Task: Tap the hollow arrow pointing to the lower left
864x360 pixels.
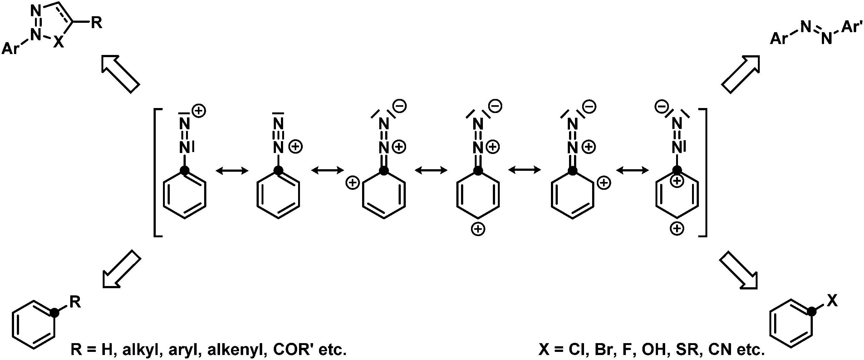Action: point(121,269)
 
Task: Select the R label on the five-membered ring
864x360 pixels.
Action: point(96,23)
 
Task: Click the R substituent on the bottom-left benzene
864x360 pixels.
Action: point(75,302)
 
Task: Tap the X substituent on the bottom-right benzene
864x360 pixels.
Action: point(832,301)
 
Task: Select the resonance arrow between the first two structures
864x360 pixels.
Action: point(232,171)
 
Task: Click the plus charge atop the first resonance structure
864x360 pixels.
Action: point(199,111)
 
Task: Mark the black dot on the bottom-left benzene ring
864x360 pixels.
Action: point(54,313)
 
